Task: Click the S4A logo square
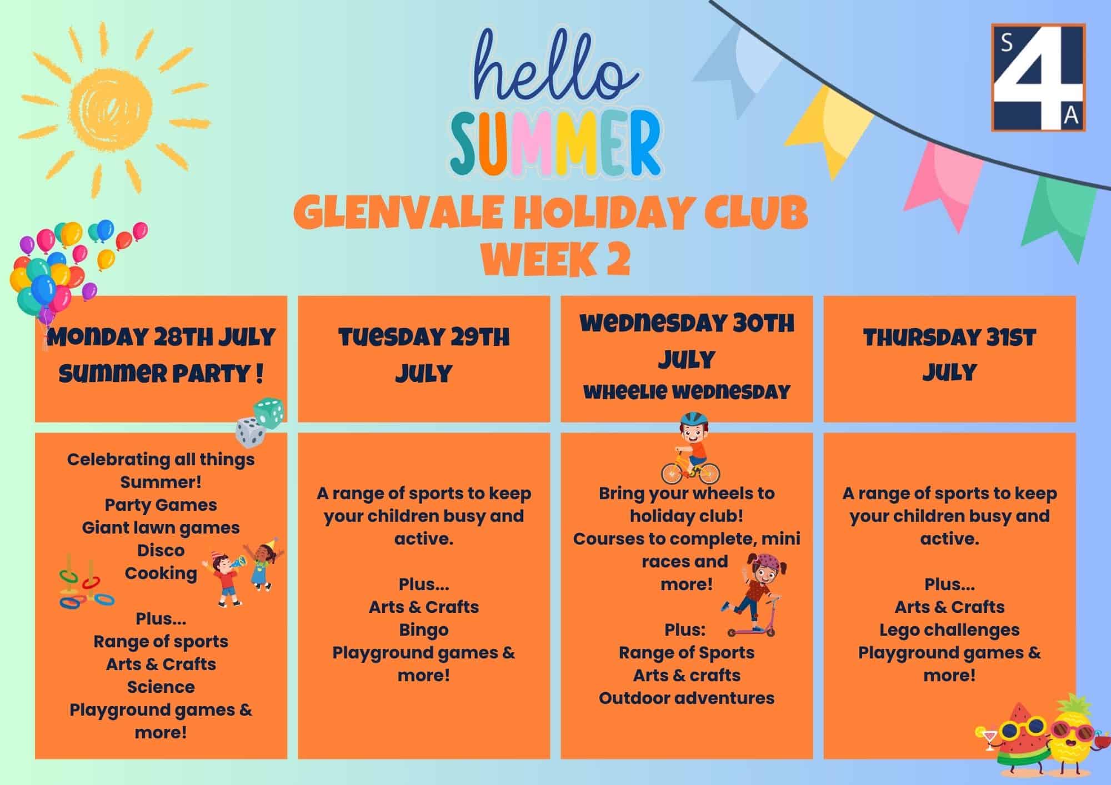1038,77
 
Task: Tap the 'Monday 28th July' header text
161,338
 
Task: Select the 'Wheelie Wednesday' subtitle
687,392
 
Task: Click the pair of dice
261,422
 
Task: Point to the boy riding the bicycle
690,449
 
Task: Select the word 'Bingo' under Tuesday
424,630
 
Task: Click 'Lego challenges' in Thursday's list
949,630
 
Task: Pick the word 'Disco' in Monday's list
161,550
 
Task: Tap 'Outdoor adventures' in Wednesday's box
687,698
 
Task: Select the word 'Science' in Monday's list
161,687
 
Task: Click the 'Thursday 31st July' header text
949,355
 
